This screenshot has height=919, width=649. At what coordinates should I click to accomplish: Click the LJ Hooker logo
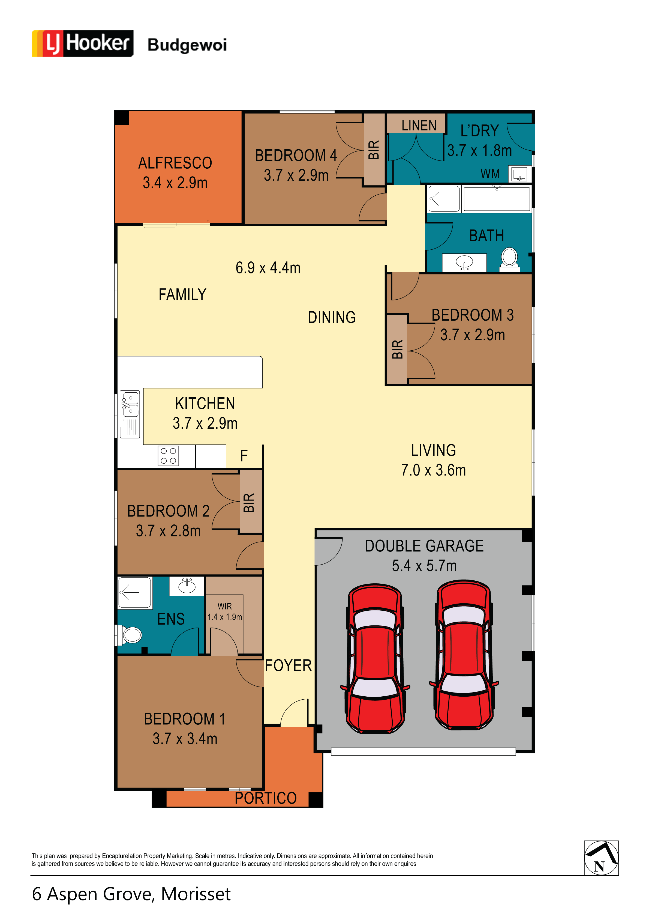pyautogui.click(x=82, y=43)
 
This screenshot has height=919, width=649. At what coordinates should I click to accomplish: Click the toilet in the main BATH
pyautogui.click(x=509, y=260)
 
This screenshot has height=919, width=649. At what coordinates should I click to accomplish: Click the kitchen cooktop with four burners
pyautogui.click(x=168, y=456)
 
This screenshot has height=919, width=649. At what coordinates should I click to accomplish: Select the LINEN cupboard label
pyautogui.click(x=419, y=126)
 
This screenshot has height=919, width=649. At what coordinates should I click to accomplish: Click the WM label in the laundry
pyautogui.click(x=490, y=174)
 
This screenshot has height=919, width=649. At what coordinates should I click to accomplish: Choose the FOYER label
pyautogui.click(x=288, y=666)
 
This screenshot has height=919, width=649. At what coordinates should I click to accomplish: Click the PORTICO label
pyautogui.click(x=265, y=798)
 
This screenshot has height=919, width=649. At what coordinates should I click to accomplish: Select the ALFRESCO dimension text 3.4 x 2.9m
pyautogui.click(x=175, y=183)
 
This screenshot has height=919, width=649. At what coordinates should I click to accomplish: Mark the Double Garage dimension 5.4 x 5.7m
pyautogui.click(x=424, y=566)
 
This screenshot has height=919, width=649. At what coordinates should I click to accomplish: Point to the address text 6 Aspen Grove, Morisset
pyautogui.click(x=131, y=894)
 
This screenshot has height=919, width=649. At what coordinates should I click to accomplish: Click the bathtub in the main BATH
pyautogui.click(x=497, y=199)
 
